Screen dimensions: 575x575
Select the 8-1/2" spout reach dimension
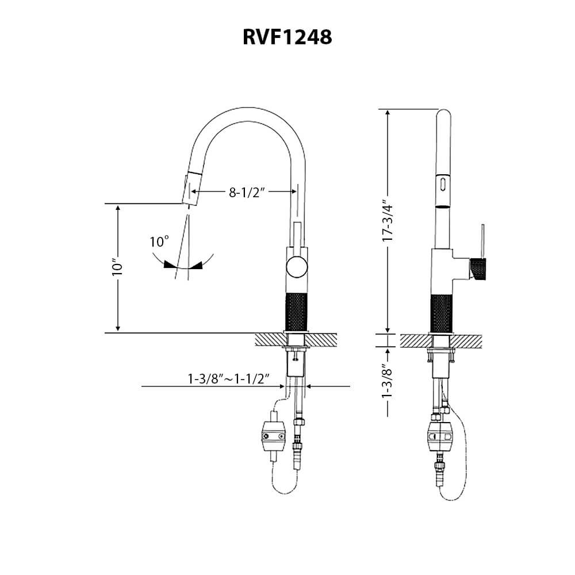coord(246,192)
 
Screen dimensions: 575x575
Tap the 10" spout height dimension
coord(118,269)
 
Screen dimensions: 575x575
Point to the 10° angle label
coord(159,242)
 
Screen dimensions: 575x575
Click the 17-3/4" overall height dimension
coord(387,222)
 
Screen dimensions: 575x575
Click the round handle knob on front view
coord(297,267)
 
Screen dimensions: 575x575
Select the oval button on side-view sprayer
coord(442,185)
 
